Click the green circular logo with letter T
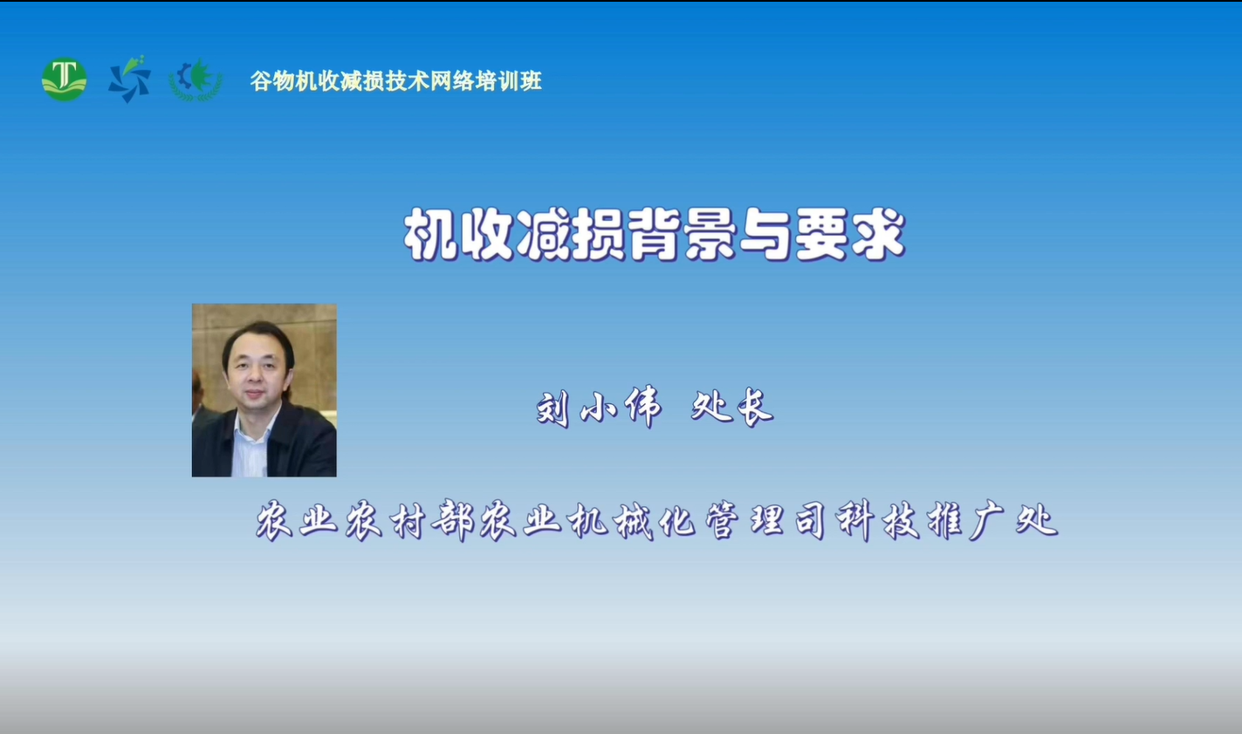click(65, 79)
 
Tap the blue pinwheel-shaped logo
click(129, 79)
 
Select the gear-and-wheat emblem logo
click(196, 80)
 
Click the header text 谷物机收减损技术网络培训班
click(396, 81)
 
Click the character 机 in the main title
click(431, 235)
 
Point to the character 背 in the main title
click(655, 235)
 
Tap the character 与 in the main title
click(767, 235)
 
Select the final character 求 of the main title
click(879, 235)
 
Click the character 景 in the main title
click(710, 235)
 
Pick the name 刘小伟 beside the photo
click(600, 408)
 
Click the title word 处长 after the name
click(732, 408)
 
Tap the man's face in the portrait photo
click(255, 372)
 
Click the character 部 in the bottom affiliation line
click(453, 520)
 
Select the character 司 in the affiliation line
click(811, 520)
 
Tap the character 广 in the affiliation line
click(991, 520)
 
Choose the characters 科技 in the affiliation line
click(879, 520)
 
